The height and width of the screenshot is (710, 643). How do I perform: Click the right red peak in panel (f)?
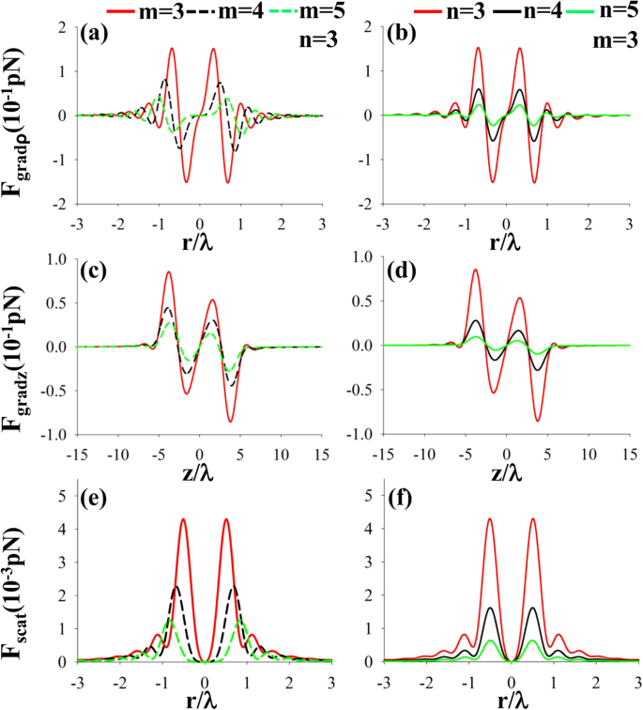[x=532, y=518]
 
